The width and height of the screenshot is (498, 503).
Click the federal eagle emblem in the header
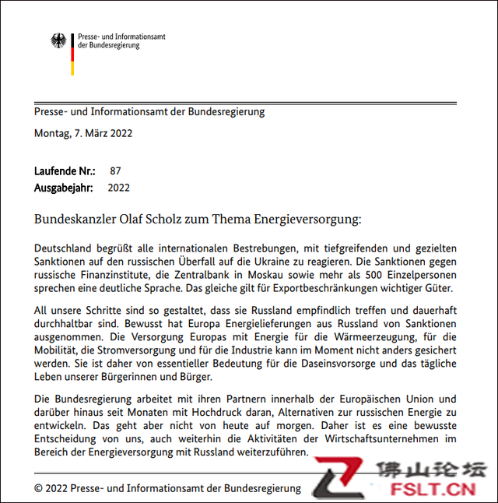point(59,40)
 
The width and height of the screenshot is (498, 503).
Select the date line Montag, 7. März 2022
point(83,133)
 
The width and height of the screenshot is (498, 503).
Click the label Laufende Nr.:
point(65,171)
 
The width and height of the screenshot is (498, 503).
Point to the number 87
point(116,171)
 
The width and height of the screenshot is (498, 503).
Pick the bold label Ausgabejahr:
point(64,188)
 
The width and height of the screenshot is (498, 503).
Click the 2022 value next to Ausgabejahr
point(118,188)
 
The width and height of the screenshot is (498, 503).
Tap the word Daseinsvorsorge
point(345,364)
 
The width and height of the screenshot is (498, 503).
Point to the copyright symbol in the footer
point(39,488)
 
